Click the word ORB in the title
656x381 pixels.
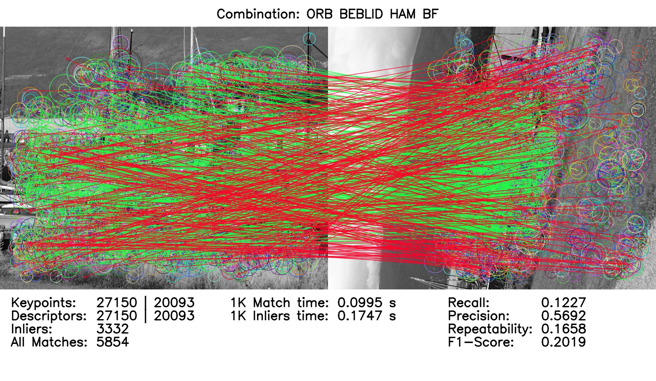click(320, 14)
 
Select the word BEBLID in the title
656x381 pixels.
click(361, 14)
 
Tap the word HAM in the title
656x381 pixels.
click(403, 14)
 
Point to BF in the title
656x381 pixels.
click(431, 14)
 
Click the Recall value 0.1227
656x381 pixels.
click(563, 303)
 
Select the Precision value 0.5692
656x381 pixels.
click(563, 316)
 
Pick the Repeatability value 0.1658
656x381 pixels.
click(563, 329)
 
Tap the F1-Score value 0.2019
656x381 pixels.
click(563, 342)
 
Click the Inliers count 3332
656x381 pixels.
click(113, 329)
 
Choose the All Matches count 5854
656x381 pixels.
click(113, 342)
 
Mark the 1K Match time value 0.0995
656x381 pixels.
click(360, 303)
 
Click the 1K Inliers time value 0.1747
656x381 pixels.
click(360, 316)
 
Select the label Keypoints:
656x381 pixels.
click(44, 303)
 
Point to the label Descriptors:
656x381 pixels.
click(49, 316)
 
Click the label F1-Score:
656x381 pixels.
click(481, 342)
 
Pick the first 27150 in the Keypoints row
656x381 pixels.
click(117, 303)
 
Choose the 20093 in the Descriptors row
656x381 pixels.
click(174, 316)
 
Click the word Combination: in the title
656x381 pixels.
click(258, 14)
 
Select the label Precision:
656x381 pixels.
click(479, 316)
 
